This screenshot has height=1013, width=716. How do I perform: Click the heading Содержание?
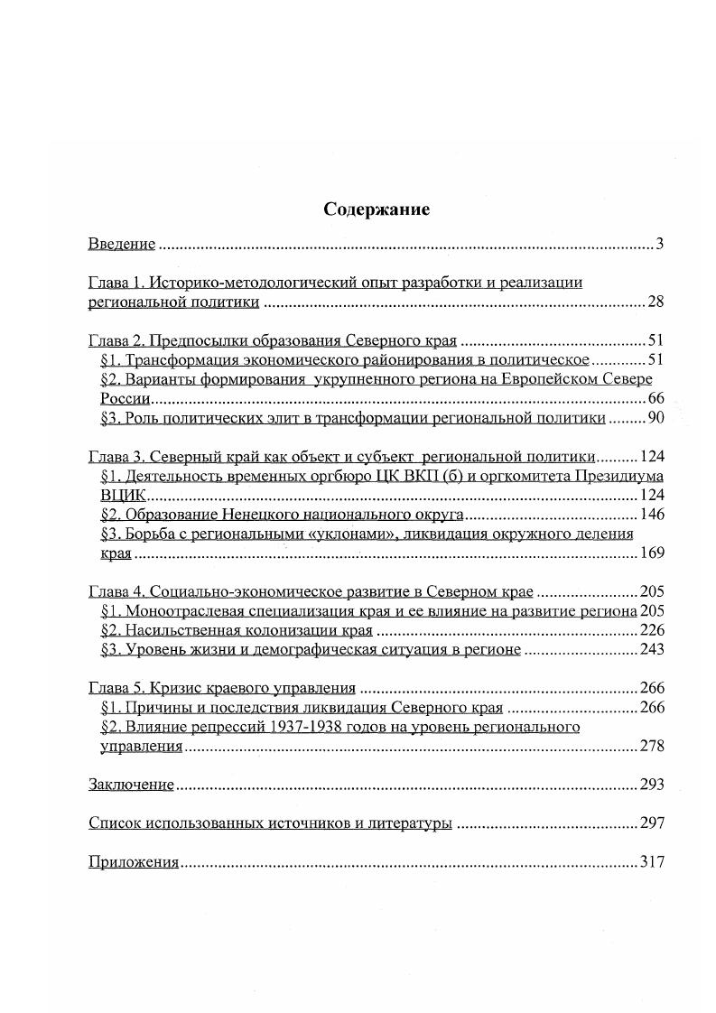pos(377,209)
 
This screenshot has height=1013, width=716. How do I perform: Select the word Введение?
pos(122,244)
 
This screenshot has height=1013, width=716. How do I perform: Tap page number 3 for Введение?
pos(660,244)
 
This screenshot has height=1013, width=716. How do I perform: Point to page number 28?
pos(656,302)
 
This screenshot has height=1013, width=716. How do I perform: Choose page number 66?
pos(656,398)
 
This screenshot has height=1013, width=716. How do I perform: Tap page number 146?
pos(652,515)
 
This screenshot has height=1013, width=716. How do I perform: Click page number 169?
pos(652,553)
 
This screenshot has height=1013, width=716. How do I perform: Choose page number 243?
pos(652,650)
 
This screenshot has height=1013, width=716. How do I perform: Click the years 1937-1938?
pos(308,727)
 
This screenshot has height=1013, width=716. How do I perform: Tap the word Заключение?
pos(131,785)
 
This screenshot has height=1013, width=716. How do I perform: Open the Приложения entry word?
pos(134,861)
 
